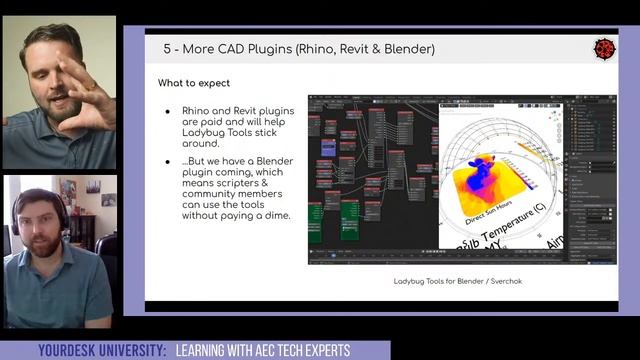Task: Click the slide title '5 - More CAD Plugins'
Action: tap(228, 48)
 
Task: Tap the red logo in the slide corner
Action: tap(603, 47)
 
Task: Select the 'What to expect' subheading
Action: tap(194, 83)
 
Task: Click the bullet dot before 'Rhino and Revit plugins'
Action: tap(168, 111)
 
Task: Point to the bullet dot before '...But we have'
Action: tap(168, 162)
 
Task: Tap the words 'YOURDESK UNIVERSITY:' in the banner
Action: tap(101, 351)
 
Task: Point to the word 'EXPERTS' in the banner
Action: tap(324, 351)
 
